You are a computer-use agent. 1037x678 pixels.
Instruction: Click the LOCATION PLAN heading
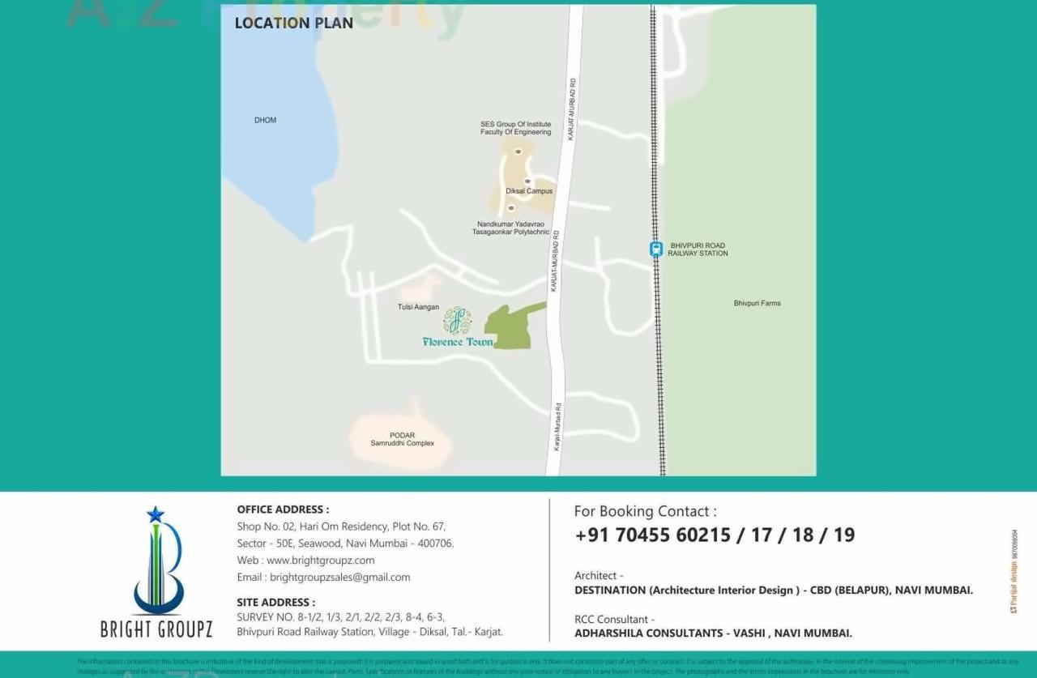click(x=293, y=23)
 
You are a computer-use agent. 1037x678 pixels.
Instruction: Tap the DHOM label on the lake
click(x=265, y=120)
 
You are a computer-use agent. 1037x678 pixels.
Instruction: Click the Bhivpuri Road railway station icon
click(x=656, y=249)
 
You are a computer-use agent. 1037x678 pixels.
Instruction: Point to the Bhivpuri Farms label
click(x=757, y=304)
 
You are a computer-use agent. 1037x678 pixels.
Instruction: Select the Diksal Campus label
click(x=529, y=191)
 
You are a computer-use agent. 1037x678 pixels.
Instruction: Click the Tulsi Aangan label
click(x=418, y=307)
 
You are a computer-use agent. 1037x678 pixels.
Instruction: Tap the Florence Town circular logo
click(x=458, y=321)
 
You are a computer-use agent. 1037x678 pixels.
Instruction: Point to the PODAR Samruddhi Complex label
click(x=403, y=440)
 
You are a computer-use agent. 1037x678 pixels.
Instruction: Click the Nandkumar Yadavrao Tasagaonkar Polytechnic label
click(x=510, y=228)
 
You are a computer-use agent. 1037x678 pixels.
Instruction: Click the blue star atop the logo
click(x=156, y=514)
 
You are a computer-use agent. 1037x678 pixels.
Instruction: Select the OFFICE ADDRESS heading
click(x=283, y=510)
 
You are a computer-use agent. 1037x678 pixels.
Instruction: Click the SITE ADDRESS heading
click(x=275, y=603)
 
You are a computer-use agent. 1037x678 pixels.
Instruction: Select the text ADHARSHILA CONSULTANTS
click(x=648, y=633)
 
